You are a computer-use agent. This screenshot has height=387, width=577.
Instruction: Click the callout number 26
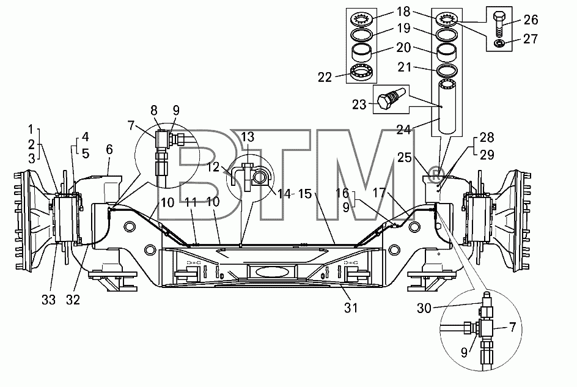[531, 20]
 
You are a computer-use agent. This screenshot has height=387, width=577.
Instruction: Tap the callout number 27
[531, 39]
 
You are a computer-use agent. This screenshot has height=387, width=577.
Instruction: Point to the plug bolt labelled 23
[391, 98]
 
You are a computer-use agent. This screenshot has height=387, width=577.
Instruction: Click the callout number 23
[359, 105]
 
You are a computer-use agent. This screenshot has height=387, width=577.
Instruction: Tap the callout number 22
[325, 77]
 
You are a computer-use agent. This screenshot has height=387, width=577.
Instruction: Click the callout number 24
[403, 129]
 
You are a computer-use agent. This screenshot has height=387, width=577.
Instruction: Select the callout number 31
[351, 308]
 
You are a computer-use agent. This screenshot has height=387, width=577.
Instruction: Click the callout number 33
[48, 300]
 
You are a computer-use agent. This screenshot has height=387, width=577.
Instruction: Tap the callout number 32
[73, 300]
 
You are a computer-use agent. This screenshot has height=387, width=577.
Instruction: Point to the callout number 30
[424, 308]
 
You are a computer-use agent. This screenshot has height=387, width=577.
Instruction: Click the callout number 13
[248, 137]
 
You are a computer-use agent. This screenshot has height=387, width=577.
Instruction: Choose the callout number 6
[109, 150]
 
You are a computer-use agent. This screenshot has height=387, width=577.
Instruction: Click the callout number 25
[405, 158]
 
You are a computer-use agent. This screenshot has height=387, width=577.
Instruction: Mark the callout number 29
[487, 155]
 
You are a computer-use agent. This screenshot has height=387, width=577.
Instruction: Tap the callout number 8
[154, 111]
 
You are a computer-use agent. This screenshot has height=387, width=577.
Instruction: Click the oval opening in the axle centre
[267, 273]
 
